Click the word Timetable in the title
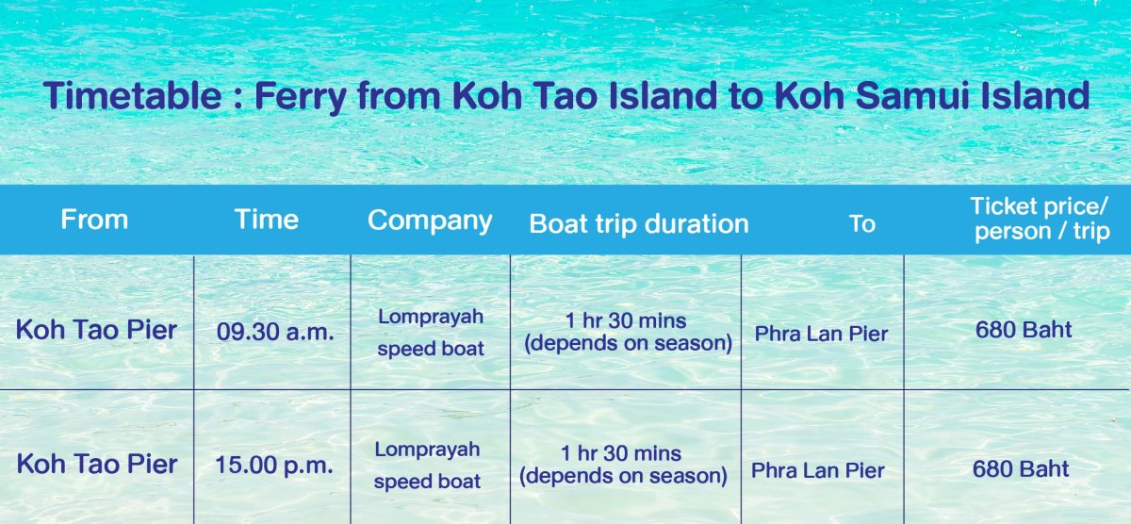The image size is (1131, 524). [132, 95]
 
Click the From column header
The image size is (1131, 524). [94, 220]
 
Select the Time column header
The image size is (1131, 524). [267, 220]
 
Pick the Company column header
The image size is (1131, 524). [430, 221]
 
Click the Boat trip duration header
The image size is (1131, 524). [639, 223]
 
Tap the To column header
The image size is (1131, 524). [861, 223]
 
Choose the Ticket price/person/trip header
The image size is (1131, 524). [1041, 219]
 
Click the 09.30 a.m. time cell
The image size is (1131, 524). [275, 332]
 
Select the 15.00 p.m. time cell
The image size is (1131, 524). [274, 465]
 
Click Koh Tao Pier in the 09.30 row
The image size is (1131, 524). [96, 330]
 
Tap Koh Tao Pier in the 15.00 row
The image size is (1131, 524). [97, 464]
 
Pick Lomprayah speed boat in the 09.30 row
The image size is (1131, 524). [431, 333]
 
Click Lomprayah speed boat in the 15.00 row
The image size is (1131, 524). [427, 466]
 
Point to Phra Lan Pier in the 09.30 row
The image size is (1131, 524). [822, 334]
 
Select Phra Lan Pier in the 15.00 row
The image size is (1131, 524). [818, 470]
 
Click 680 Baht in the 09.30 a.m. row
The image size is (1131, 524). [1024, 330]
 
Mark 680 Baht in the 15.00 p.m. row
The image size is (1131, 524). [1021, 469]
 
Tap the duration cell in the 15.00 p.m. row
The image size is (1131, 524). [624, 465]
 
